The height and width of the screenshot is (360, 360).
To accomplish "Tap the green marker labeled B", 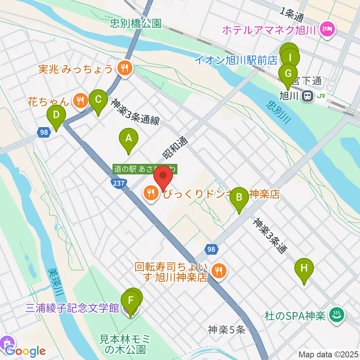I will (238, 197).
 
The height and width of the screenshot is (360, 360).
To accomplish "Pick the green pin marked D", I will (56, 115).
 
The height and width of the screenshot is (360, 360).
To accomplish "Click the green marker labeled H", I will (304, 269).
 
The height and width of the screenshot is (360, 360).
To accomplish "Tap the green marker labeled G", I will (288, 74).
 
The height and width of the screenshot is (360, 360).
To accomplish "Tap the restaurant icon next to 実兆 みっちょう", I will (123, 69).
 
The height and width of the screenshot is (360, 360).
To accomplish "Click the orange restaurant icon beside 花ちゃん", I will (80, 101).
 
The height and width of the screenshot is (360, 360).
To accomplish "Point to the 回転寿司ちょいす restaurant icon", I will (218, 270).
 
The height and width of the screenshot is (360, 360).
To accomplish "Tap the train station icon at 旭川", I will (307, 96).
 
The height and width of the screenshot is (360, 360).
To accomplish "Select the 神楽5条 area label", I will (227, 330).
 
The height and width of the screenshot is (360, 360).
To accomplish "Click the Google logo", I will (25, 351).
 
